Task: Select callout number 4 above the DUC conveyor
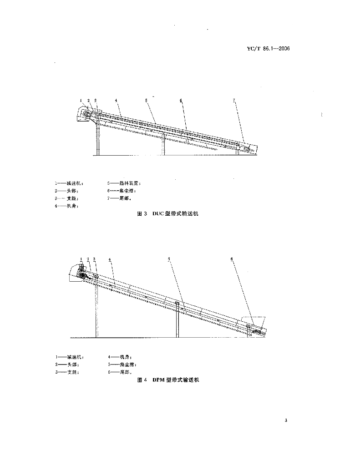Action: click(x=117, y=100)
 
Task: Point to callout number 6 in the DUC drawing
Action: click(x=181, y=100)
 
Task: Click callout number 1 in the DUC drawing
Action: click(x=81, y=100)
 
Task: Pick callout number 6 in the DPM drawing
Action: click(x=232, y=258)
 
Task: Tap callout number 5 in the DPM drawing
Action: click(x=169, y=258)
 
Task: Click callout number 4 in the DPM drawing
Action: click(x=110, y=258)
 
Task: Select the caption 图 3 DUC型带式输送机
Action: click(x=168, y=213)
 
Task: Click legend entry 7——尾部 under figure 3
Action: click(x=117, y=198)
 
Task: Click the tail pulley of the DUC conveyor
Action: click(x=246, y=149)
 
